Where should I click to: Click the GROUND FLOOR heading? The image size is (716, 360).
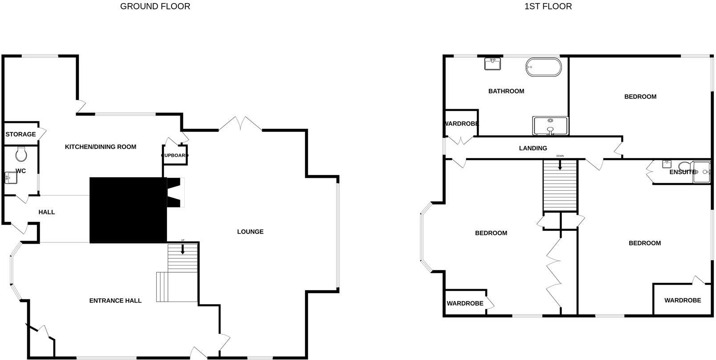(155, 6)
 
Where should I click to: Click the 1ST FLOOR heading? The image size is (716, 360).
(548, 6)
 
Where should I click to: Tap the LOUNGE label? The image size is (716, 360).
(250, 232)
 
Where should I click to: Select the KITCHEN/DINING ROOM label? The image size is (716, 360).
(101, 147)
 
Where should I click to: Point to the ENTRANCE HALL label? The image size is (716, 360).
(115, 300)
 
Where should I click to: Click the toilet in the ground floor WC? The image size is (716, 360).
(21, 154)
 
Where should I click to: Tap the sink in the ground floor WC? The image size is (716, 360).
(10, 178)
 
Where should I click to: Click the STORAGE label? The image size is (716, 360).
(20, 134)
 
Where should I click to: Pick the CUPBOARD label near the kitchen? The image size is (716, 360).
(175, 155)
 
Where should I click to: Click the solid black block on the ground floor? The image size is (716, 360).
(128, 210)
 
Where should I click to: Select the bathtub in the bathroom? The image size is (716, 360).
(543, 68)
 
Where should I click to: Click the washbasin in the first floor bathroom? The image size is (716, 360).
(493, 64)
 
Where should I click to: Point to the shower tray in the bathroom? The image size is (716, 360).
(551, 126)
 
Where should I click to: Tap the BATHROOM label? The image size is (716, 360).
(506, 91)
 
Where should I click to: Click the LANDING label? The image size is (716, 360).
(533, 148)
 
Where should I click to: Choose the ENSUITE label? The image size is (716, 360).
(682, 172)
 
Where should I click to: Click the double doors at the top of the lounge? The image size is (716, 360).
(240, 124)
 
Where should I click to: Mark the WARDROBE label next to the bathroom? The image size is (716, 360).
(461, 123)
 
